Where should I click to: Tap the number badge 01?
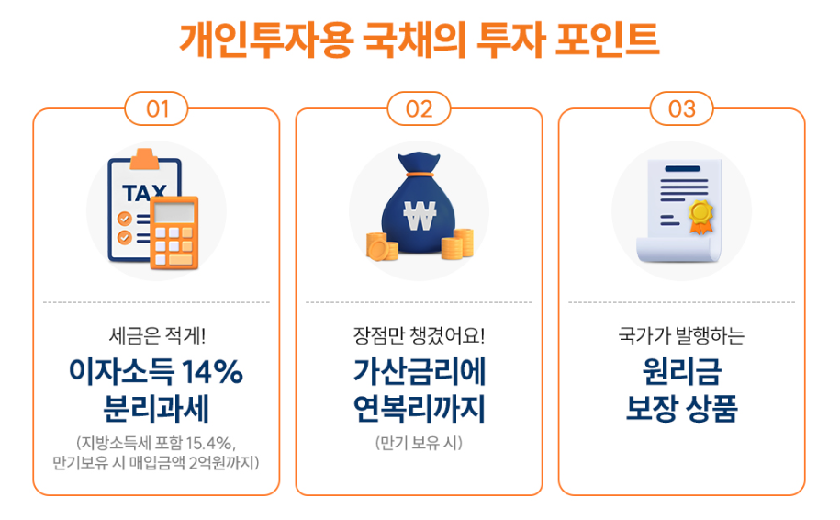pyautogui.click(x=157, y=108)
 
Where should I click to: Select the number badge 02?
pyautogui.click(x=419, y=108)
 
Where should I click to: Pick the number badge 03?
pyautogui.click(x=681, y=108)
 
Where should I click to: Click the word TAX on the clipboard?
pyautogui.click(x=145, y=194)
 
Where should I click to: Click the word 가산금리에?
pyautogui.click(x=419, y=372)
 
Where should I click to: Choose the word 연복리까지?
pyautogui.click(x=419, y=407)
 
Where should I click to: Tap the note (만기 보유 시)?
pyautogui.click(x=419, y=442)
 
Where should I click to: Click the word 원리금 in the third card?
pyautogui.click(x=681, y=372)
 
